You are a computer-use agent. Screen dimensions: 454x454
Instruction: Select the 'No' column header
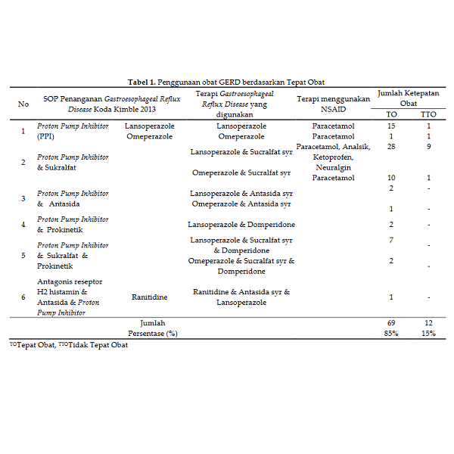tap(23, 104)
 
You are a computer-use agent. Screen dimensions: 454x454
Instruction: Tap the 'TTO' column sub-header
tap(428, 114)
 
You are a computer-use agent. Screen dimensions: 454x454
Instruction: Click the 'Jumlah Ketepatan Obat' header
tap(409, 98)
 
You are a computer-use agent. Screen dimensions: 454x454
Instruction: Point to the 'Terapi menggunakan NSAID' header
tap(333, 104)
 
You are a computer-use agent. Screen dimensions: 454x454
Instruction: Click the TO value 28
tap(391, 147)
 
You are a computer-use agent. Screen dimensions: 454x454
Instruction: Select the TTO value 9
tap(428, 147)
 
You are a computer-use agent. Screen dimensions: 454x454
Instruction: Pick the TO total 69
tap(391, 323)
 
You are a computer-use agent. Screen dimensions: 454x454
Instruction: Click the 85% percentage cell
tap(391, 334)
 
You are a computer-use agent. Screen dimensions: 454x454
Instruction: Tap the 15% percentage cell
tap(428, 334)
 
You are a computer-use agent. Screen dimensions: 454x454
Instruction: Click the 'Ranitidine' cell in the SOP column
tap(149, 297)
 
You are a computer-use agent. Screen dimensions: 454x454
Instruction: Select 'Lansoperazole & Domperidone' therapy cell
tap(241, 225)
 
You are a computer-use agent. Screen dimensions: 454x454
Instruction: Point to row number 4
tap(23, 225)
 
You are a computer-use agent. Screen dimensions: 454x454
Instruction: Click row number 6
tap(23, 297)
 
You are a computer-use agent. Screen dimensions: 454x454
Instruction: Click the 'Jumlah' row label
tap(153, 323)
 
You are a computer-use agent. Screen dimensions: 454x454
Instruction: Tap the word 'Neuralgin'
tap(333, 167)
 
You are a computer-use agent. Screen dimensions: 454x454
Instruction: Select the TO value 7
tap(391, 240)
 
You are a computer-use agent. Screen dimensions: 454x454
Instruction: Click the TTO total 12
tap(428, 323)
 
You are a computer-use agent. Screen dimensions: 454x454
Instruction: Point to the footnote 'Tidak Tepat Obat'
tap(98, 346)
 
